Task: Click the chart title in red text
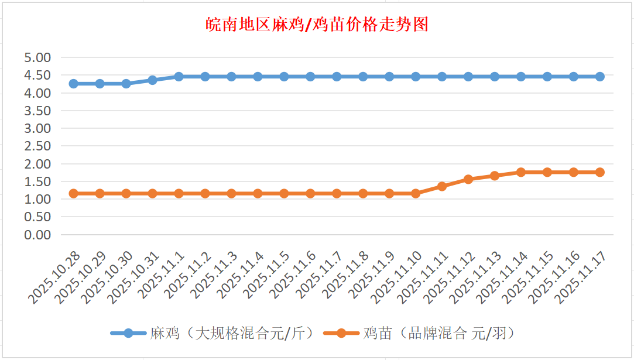point(317,25)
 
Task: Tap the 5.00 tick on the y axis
point(37,57)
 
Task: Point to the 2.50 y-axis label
point(37,146)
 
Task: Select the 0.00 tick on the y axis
point(37,234)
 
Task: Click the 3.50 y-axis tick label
point(37,111)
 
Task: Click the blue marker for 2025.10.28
point(74,84)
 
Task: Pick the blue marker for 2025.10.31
point(152,80)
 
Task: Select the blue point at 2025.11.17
point(600,77)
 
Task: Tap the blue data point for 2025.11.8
point(363,77)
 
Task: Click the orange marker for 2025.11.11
point(442,186)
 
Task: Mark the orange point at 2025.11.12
point(468,179)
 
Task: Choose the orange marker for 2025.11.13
point(495,176)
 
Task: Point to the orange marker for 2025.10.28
point(74,193)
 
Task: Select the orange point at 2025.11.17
point(600,172)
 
